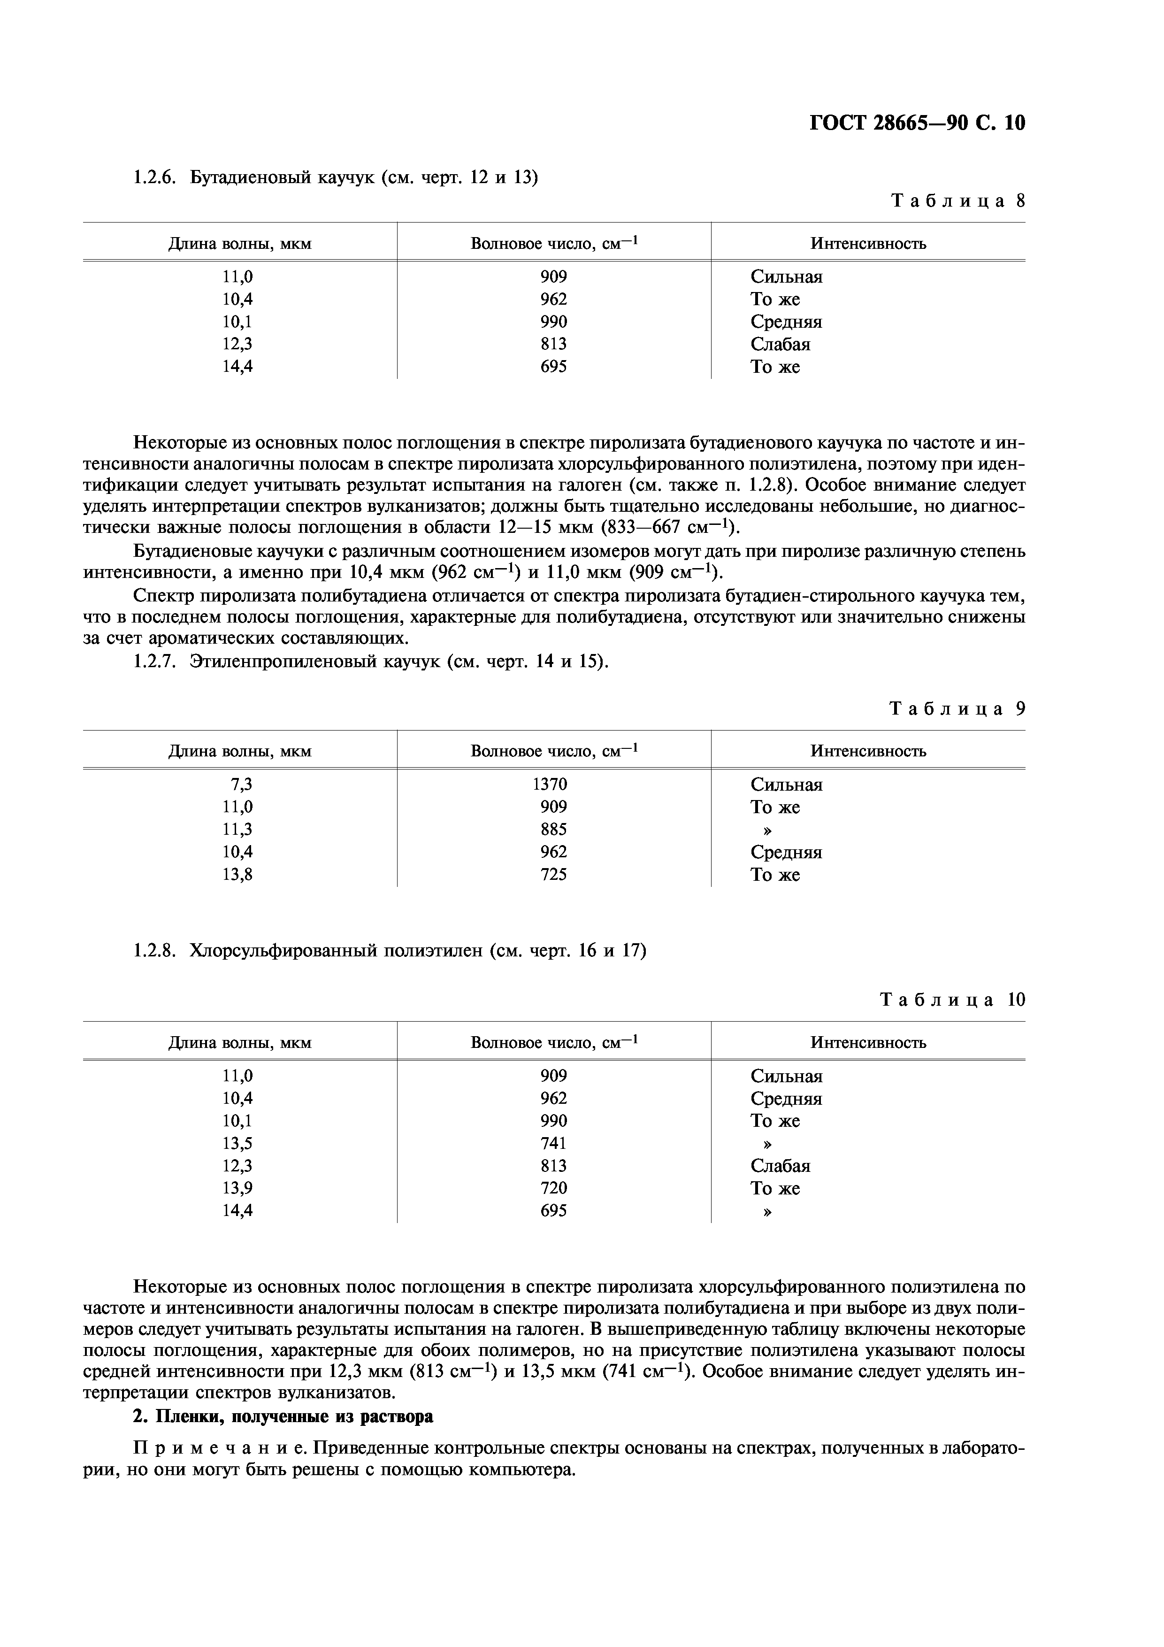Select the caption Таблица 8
[957, 201]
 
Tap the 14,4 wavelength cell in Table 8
[237, 367]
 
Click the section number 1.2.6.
[154, 177]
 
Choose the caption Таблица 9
[957, 709]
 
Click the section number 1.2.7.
[154, 662]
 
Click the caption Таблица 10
[952, 1000]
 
